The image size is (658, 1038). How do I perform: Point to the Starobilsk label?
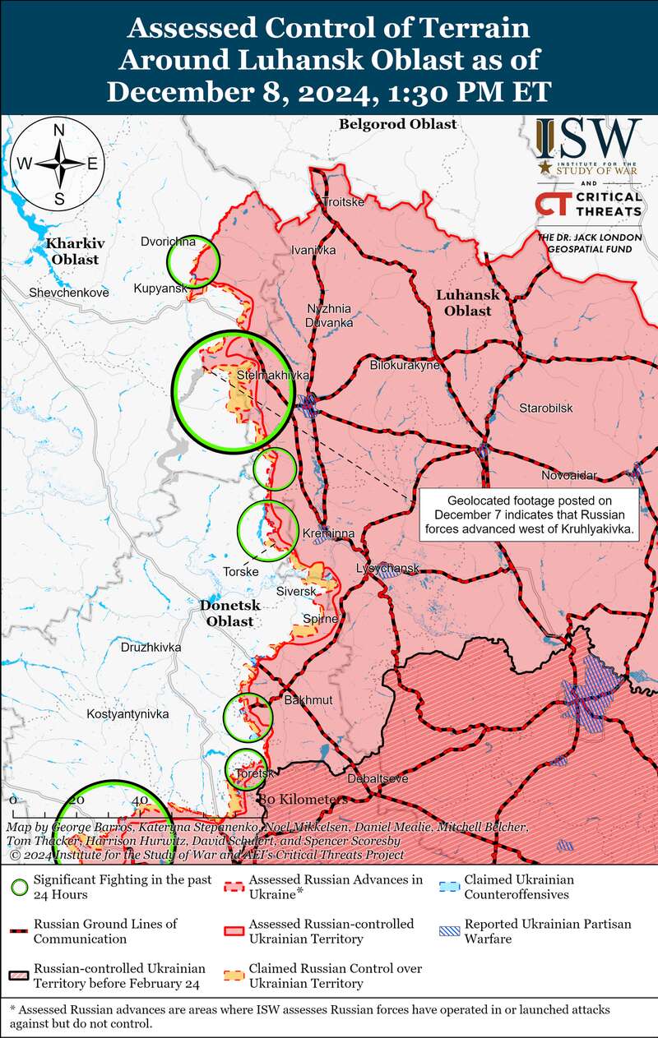click(545, 408)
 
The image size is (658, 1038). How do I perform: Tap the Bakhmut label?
click(308, 700)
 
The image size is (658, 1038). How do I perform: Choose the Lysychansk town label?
click(387, 569)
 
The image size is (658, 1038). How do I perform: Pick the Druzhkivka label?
click(151, 648)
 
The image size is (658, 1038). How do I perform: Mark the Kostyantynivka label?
click(127, 715)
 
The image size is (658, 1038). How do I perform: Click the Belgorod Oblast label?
click(397, 124)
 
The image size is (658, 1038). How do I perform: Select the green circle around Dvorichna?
click(193, 261)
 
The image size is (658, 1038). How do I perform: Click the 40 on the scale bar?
click(139, 800)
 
